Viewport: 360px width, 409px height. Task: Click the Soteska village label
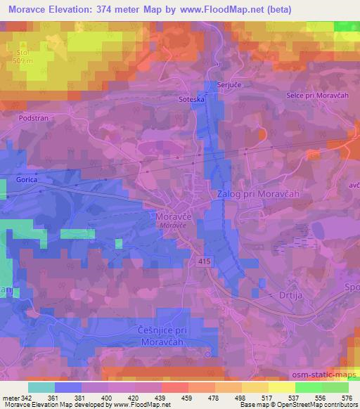(x=190, y=99)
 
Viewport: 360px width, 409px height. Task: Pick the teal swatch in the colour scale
(x=41, y=387)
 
